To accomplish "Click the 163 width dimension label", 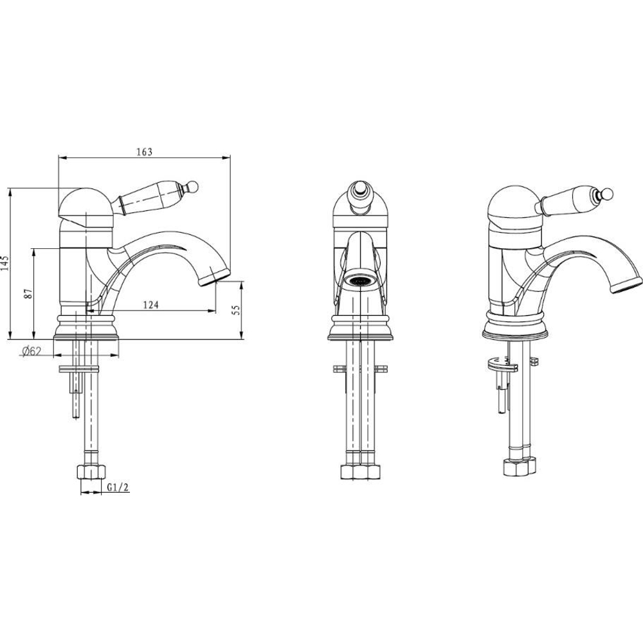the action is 144,152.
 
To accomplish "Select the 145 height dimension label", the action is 5,264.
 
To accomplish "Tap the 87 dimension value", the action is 28,294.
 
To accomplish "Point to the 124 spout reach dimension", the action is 151,305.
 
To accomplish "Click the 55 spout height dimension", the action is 236,310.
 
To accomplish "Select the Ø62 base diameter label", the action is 32,352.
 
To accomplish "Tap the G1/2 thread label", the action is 118,487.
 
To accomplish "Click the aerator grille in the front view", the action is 359,281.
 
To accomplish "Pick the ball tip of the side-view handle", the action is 193,186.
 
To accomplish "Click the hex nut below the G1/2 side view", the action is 91,472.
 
